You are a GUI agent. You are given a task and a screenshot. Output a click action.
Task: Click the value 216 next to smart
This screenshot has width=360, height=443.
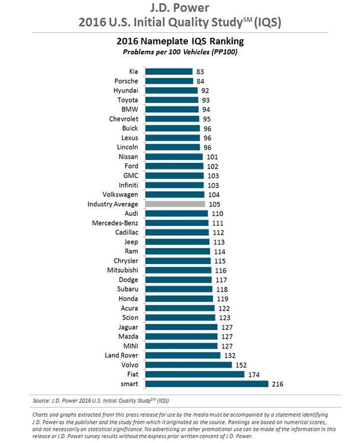pyautogui.click(x=277, y=384)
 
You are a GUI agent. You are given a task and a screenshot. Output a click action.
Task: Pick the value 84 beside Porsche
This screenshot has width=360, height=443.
pyautogui.click(x=200, y=81)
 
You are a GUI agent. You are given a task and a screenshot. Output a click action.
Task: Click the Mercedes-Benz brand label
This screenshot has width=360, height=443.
pyautogui.click(x=115, y=223)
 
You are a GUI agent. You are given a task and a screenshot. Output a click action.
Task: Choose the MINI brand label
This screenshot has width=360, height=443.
pyautogui.click(x=130, y=346)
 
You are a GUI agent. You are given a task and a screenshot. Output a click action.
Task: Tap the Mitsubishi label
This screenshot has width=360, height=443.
pyautogui.click(x=122, y=270)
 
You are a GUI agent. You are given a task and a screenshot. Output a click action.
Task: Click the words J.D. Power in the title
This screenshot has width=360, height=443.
pyautogui.click(x=179, y=8)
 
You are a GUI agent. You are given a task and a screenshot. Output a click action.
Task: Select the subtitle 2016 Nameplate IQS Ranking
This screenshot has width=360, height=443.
pyautogui.click(x=179, y=41)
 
